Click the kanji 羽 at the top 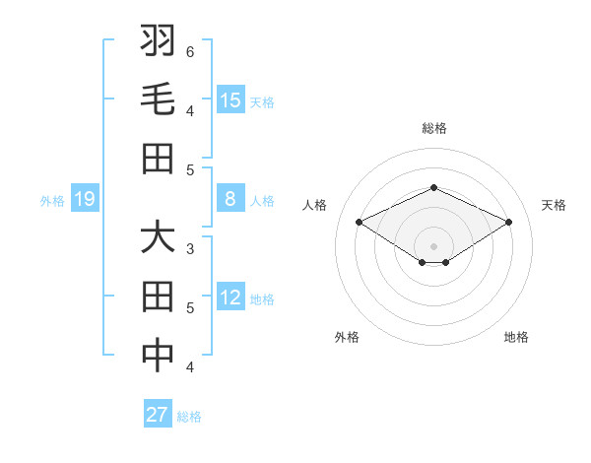coord(158,42)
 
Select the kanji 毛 coord(158,100)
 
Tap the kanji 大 coord(158,238)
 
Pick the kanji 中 coord(158,357)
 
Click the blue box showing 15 coord(230,100)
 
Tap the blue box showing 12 coord(230,298)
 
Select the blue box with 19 coord(84,200)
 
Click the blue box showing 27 coord(158,415)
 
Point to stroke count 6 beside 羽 coord(190,51)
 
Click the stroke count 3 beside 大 coord(190,248)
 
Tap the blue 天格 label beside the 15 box coord(262,102)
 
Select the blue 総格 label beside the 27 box coord(189,417)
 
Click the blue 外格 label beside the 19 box coord(52,201)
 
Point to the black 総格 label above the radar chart coord(433,128)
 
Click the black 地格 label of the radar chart coord(516,338)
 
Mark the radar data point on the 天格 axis coord(508,223)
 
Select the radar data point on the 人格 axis coord(360,223)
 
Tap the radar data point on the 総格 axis coord(433,187)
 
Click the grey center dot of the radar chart coord(433,245)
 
